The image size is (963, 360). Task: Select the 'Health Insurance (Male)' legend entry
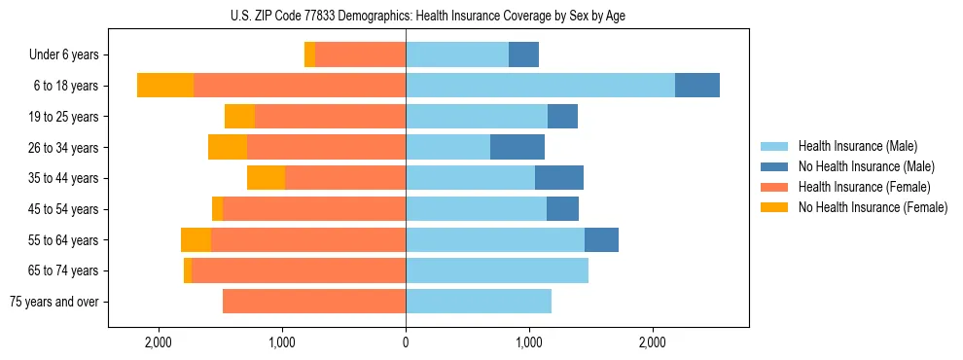[856, 146]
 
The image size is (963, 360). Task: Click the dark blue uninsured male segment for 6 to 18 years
[697, 86]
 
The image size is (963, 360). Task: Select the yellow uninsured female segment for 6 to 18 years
[165, 86]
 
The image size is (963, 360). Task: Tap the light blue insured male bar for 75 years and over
[479, 302]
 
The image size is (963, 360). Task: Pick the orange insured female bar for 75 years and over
[314, 302]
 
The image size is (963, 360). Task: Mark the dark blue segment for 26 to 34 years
[517, 147]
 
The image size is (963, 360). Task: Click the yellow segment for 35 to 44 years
[266, 178]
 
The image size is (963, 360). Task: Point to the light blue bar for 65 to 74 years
[497, 270]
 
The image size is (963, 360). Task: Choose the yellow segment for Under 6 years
[309, 55]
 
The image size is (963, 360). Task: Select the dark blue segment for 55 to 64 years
[601, 239]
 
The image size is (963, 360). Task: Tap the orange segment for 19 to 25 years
[330, 117]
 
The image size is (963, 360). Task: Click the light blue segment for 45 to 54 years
[476, 209]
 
